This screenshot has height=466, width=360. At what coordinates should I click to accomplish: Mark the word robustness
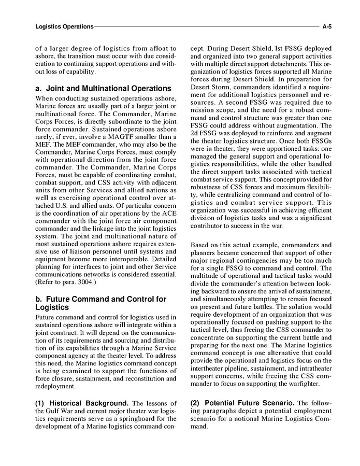[x=211, y=201]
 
